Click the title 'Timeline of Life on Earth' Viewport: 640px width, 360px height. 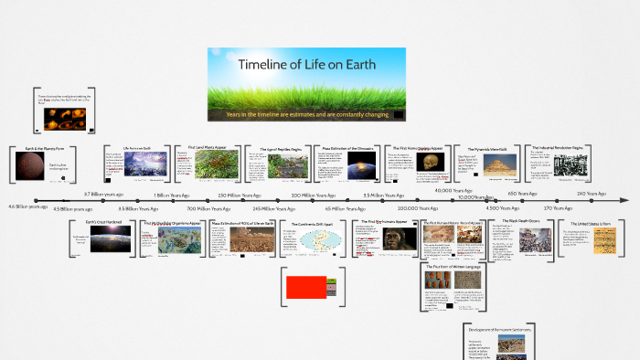click(306, 65)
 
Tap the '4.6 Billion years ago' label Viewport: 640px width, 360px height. click(27, 207)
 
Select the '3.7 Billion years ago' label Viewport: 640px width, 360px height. click(103, 195)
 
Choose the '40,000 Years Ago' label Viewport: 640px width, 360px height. click(453, 191)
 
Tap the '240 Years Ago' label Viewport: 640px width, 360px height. click(592, 194)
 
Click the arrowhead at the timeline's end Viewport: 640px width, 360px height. click(625, 201)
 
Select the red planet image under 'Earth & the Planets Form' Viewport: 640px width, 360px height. click(28, 168)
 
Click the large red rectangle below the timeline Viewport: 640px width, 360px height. click(307, 286)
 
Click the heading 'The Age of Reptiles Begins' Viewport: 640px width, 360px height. click(276, 148)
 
